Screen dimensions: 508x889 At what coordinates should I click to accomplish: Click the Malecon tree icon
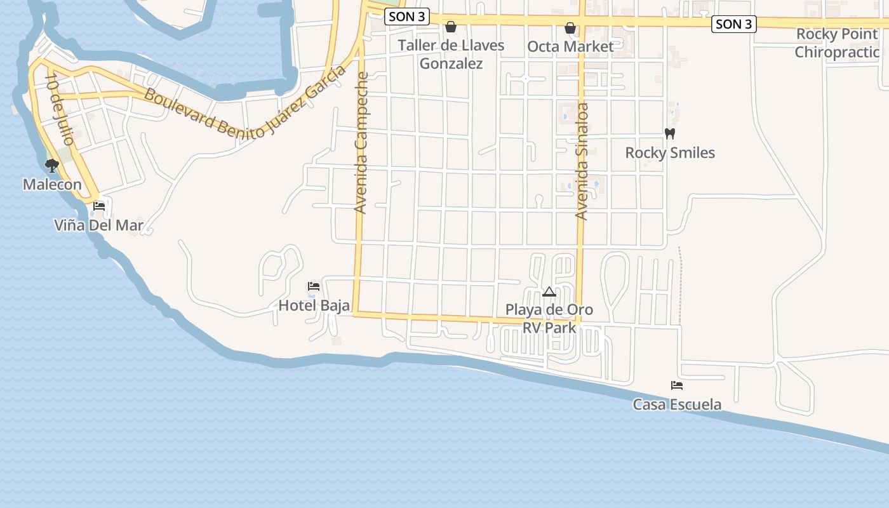(52, 166)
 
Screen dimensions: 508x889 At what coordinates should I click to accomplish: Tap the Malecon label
(52, 185)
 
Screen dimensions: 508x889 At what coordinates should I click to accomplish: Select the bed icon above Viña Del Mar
(99, 206)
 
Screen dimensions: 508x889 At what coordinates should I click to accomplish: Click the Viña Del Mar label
(98, 225)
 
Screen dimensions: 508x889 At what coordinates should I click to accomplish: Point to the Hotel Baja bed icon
(314, 286)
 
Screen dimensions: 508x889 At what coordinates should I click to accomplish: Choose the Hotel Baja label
(314, 305)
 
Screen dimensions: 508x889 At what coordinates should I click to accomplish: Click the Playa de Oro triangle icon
(549, 291)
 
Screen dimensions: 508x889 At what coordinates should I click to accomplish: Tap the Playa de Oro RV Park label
(549, 319)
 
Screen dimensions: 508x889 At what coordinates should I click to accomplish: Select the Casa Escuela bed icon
(677, 385)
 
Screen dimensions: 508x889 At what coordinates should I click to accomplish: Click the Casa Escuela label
(677, 404)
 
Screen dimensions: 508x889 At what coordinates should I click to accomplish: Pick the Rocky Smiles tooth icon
(669, 134)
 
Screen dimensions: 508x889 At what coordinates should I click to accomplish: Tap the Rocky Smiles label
(670, 153)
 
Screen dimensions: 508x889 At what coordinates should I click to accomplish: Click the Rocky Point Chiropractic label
(837, 43)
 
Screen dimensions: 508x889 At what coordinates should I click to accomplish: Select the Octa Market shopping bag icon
(570, 28)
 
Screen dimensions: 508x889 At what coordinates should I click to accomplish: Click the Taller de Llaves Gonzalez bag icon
(451, 27)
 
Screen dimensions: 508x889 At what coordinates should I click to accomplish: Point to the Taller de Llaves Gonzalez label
(451, 55)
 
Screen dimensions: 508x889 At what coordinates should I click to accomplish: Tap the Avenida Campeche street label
(361, 142)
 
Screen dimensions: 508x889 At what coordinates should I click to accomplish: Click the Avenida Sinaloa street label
(582, 161)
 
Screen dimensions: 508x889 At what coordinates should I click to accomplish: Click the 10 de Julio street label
(60, 109)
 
